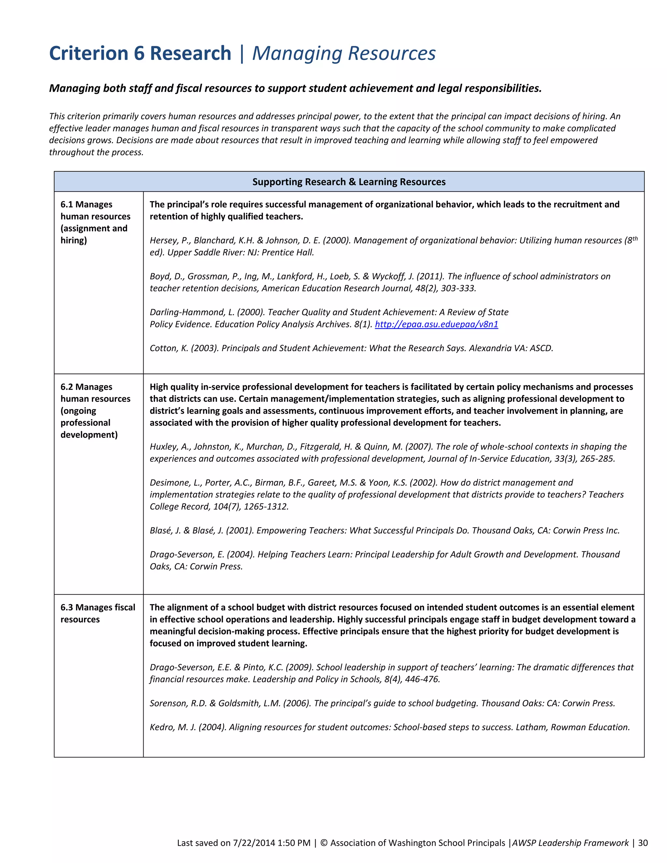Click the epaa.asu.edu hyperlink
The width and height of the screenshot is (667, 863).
(436, 324)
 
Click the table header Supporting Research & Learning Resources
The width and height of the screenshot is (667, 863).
(349, 182)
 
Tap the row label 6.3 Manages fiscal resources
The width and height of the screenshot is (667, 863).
(98, 613)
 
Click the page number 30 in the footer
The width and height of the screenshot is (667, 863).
(643, 843)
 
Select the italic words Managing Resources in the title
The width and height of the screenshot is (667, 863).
(344, 53)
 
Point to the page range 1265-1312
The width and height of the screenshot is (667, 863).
(266, 507)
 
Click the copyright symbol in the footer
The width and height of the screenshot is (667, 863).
(324, 843)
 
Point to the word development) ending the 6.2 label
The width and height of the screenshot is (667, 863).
(89, 435)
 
